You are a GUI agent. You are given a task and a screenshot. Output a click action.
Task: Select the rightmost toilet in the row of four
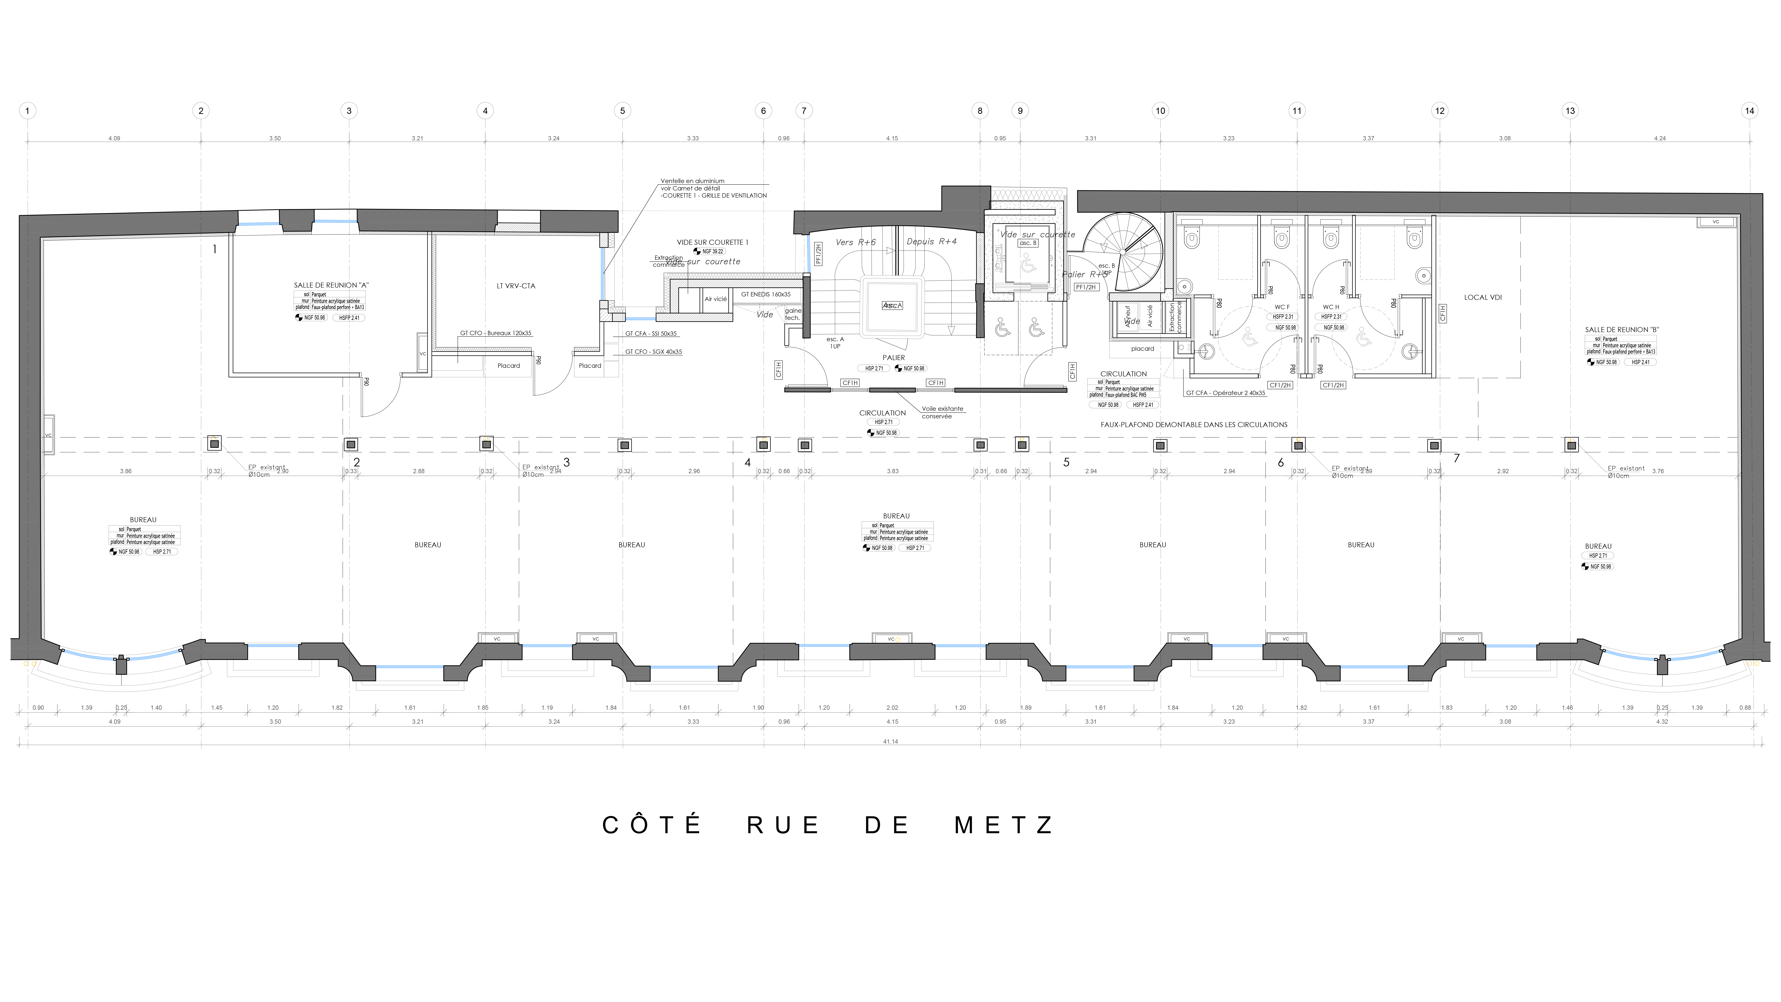click(x=1415, y=238)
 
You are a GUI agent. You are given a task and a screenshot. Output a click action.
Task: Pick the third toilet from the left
click(x=1331, y=238)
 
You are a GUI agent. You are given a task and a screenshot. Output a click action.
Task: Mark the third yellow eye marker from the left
click(x=764, y=439)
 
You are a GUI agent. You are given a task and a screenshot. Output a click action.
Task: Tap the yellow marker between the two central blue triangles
click(x=899, y=639)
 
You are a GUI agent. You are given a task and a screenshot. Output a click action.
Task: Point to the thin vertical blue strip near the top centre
click(x=810, y=254)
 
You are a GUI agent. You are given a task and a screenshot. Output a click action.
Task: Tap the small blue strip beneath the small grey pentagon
click(x=640, y=319)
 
